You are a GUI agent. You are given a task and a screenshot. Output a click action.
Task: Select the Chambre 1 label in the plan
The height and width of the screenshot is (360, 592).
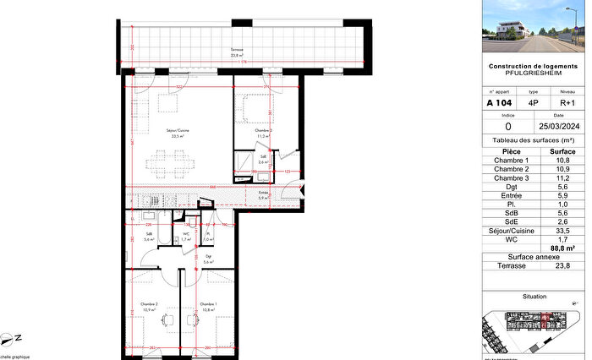[207, 304]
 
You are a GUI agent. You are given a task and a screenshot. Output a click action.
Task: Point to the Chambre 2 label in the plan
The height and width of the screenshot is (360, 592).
[151, 304]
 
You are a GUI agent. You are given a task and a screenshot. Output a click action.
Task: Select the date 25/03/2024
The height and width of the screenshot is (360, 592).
[559, 125]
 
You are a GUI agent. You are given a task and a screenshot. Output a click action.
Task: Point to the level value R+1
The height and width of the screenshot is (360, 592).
[568, 103]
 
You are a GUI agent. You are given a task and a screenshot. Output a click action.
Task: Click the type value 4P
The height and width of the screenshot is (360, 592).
[533, 103]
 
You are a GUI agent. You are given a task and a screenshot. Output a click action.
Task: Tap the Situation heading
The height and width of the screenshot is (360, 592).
[534, 297]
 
